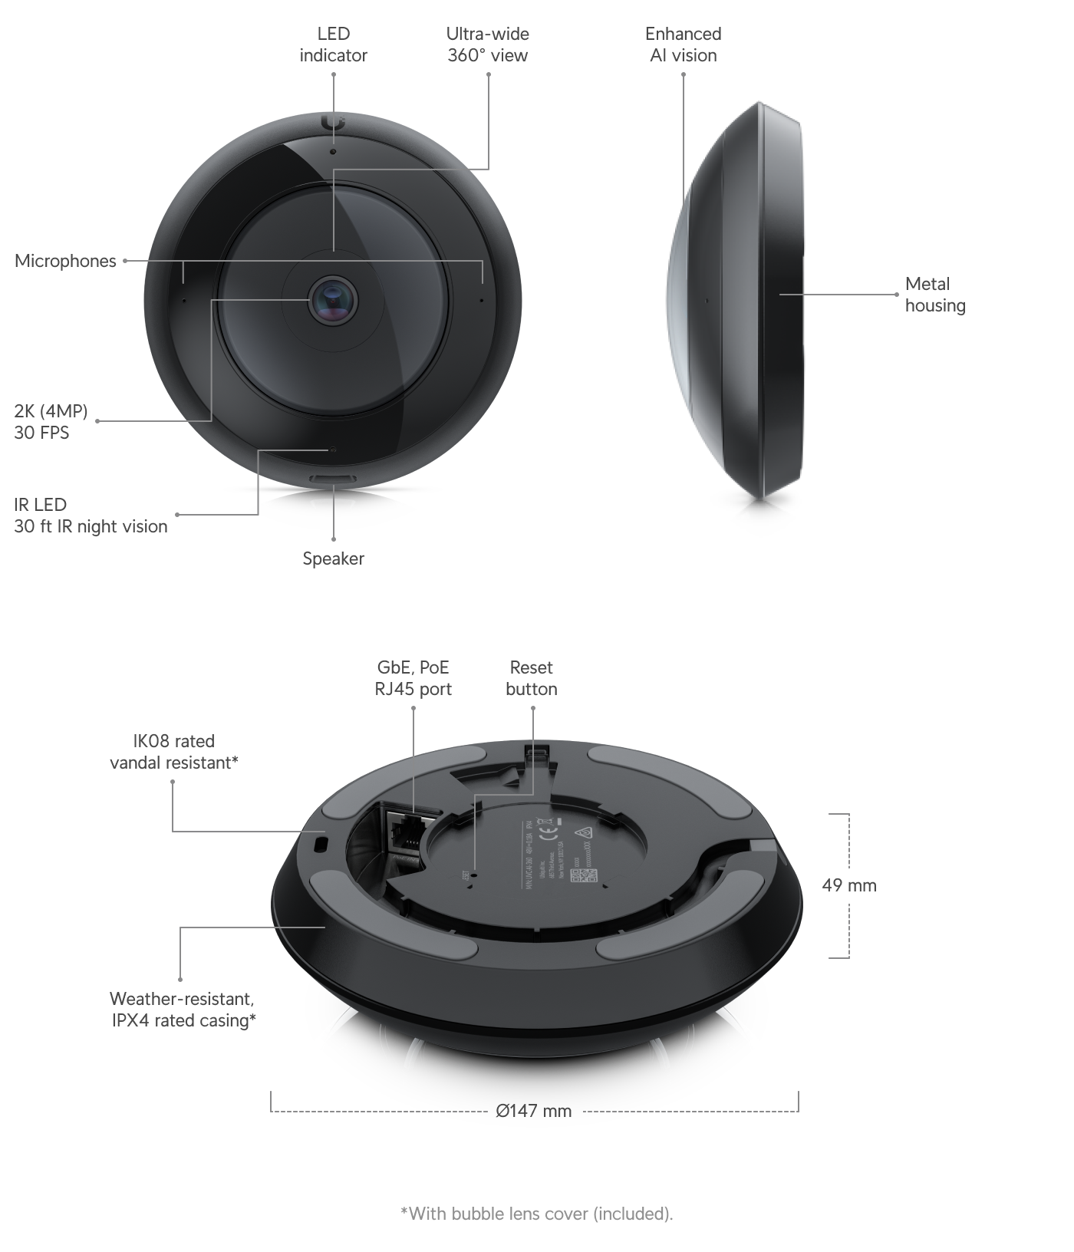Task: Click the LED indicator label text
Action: [333, 44]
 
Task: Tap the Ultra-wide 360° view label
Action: [488, 44]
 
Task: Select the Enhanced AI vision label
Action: [683, 44]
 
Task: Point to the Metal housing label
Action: [934, 295]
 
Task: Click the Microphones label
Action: [65, 261]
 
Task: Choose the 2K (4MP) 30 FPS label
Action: [51, 422]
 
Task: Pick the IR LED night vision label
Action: [91, 516]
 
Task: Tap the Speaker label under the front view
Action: [333, 558]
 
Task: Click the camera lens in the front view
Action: [333, 299]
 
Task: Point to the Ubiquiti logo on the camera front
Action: [334, 124]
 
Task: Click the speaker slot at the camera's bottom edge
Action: [333, 479]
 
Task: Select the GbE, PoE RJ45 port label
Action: [413, 678]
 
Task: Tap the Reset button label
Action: [531, 678]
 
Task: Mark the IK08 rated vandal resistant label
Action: [174, 752]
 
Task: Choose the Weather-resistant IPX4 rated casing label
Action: [183, 1010]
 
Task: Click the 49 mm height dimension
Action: [848, 885]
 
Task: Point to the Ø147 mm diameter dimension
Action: [534, 1111]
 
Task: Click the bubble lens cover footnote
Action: [536, 1214]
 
